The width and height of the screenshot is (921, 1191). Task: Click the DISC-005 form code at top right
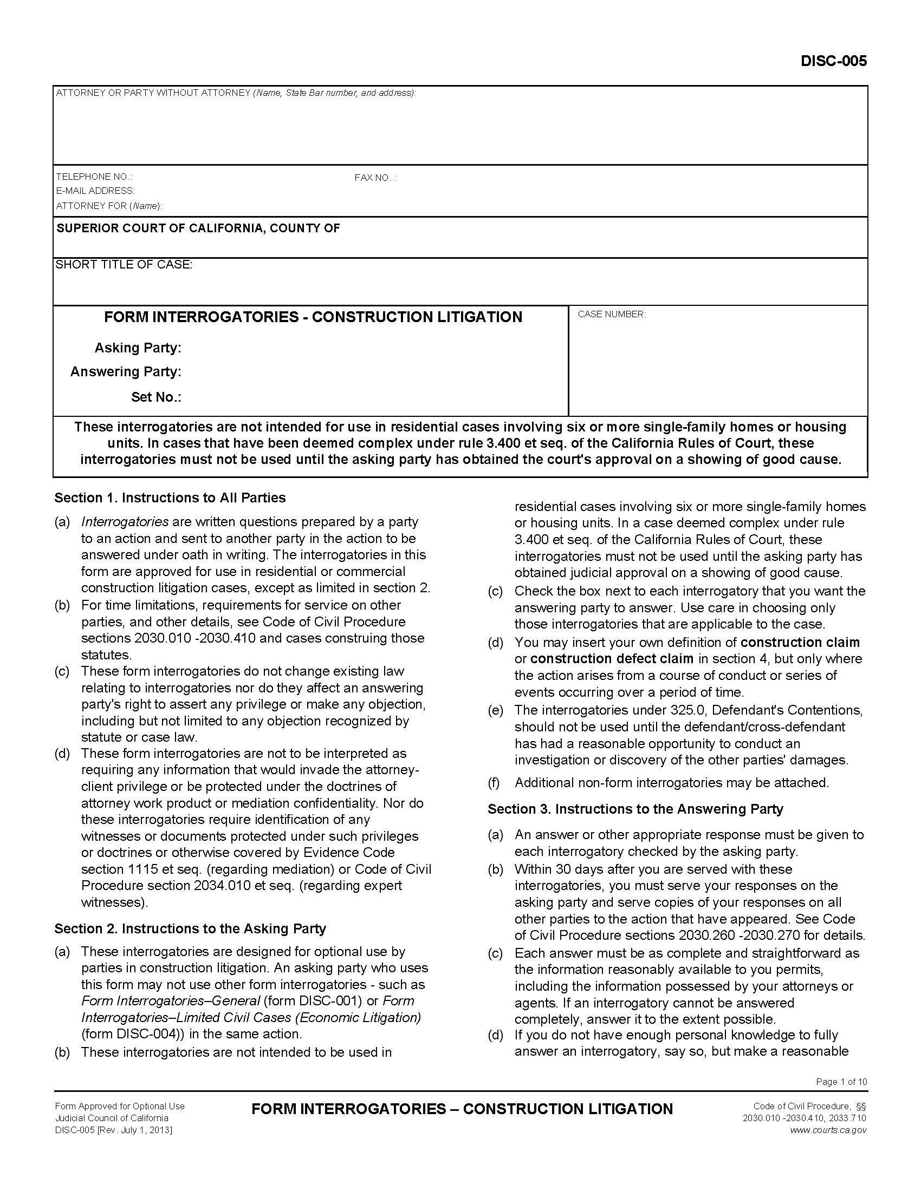click(833, 61)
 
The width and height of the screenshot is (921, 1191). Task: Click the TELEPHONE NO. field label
click(94, 176)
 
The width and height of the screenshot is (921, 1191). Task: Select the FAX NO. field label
click(375, 178)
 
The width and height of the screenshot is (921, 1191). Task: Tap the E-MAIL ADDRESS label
click(95, 191)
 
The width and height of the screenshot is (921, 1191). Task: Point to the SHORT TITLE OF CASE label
click(124, 265)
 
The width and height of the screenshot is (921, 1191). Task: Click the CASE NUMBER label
click(612, 315)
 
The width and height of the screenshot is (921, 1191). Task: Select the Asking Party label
click(138, 348)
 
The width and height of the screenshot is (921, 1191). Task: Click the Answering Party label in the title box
click(126, 372)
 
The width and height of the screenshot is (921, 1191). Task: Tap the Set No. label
click(156, 397)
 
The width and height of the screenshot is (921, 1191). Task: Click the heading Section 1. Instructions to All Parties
click(170, 498)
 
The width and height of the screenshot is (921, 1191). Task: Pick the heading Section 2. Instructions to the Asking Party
click(190, 928)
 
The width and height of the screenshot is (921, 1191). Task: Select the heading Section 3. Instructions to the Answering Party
click(635, 809)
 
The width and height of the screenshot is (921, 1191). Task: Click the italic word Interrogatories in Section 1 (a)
click(125, 522)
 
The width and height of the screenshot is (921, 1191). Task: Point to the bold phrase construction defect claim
click(612, 659)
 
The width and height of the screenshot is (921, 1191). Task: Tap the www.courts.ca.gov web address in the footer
click(828, 1130)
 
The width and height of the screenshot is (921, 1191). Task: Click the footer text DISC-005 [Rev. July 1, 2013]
click(113, 1130)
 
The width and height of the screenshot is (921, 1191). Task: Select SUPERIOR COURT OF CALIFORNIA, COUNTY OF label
click(198, 228)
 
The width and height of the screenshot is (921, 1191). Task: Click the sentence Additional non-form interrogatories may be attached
click(672, 783)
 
